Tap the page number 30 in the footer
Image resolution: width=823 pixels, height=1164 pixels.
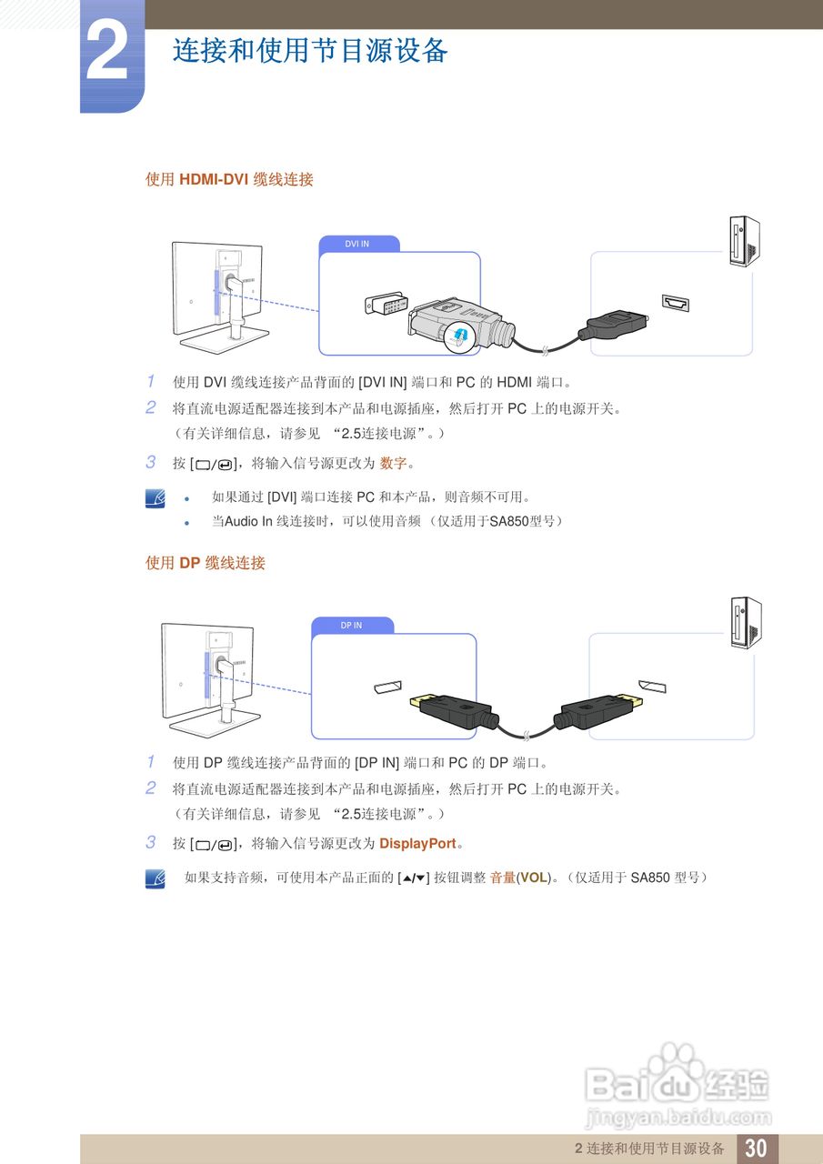coord(756,1148)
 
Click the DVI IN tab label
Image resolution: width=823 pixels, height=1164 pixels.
coord(357,244)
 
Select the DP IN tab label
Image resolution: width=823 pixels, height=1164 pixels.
coord(351,626)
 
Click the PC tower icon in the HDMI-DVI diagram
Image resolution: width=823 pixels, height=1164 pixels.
coord(744,242)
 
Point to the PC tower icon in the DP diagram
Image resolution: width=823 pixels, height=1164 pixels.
coord(746,623)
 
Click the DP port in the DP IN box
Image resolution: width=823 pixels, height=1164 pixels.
coord(388,687)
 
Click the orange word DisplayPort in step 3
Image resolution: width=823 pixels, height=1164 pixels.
coord(417,844)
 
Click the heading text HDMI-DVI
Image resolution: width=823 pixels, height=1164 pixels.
coord(214,180)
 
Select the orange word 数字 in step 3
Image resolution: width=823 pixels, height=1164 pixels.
coord(393,464)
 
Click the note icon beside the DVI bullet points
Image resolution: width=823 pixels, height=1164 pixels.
coord(156,497)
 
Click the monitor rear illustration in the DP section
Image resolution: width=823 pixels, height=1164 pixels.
coord(206,677)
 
